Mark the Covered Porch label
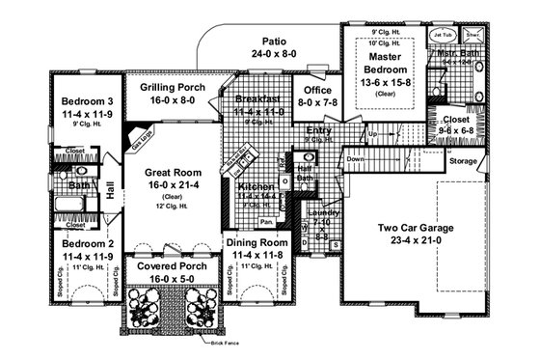[170, 264]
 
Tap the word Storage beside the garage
[463, 161]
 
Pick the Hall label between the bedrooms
[110, 194]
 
